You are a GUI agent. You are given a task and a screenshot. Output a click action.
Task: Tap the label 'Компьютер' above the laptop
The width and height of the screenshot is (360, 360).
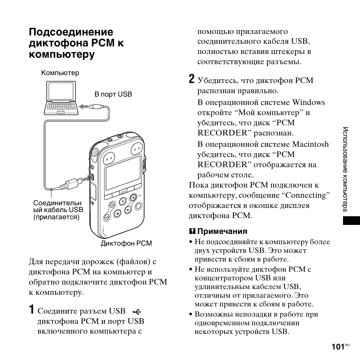click(x=60, y=73)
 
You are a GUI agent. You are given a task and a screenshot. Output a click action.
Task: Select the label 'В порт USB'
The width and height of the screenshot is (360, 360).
click(x=113, y=94)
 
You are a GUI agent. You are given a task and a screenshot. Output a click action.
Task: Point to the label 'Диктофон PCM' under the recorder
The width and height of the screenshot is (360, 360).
click(x=126, y=243)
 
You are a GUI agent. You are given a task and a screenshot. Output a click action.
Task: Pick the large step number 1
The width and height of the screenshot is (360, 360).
click(x=32, y=310)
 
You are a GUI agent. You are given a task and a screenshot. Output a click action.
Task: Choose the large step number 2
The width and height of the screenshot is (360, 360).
click(x=192, y=79)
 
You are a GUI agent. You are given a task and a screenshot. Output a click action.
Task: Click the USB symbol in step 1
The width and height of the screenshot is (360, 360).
click(x=137, y=311)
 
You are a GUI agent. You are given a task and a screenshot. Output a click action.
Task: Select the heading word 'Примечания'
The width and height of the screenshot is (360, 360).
click(x=222, y=231)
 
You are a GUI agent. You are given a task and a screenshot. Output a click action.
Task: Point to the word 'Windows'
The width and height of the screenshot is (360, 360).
click(x=308, y=103)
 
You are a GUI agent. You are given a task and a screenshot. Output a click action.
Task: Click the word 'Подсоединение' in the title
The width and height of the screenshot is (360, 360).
click(x=71, y=32)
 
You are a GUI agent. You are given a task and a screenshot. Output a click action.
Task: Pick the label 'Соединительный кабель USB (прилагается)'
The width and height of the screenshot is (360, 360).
click(x=58, y=210)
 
